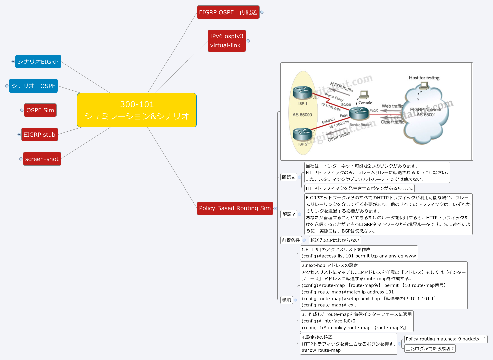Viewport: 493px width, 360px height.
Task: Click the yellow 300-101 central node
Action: click(x=137, y=110)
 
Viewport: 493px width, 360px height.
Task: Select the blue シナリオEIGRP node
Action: click(x=38, y=62)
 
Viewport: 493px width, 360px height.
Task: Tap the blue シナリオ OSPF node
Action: click(x=33, y=86)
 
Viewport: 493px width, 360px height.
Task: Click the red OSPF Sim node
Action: click(x=40, y=110)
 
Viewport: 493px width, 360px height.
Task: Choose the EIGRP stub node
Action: click(x=39, y=135)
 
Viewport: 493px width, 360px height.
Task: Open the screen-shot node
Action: click(x=42, y=159)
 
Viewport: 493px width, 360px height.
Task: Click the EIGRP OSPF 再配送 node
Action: click(x=228, y=12)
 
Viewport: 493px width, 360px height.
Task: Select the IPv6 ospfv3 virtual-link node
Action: click(x=227, y=41)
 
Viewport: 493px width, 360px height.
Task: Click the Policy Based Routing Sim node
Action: click(x=235, y=208)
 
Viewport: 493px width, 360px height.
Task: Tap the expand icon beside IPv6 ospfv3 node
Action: click(x=248, y=41)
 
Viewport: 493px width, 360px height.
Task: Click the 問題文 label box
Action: click(x=288, y=177)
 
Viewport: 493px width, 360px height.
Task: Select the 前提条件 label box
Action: click(x=291, y=240)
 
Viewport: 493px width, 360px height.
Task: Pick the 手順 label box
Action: click(x=286, y=300)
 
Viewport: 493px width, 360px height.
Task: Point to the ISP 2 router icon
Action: click(x=302, y=134)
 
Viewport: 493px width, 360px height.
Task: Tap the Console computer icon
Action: click(x=364, y=95)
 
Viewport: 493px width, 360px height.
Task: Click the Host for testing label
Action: click(x=424, y=78)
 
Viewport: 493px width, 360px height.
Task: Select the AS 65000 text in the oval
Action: click(x=302, y=115)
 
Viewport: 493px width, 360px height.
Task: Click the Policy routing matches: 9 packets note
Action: click(x=445, y=339)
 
